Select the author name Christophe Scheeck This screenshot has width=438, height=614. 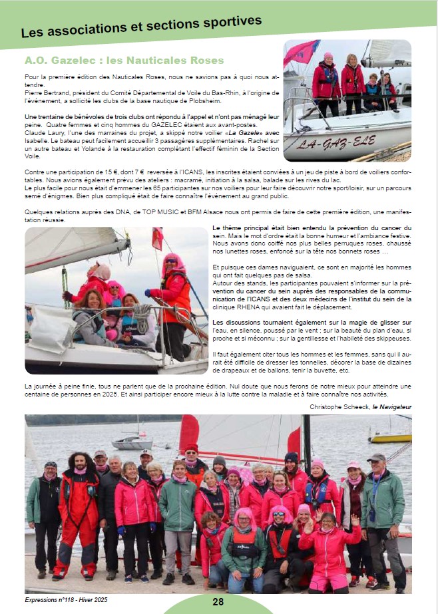click(338, 406)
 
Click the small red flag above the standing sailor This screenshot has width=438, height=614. click(157, 237)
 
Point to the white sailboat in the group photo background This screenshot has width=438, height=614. click(132, 440)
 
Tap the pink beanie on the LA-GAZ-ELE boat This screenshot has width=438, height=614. click(328, 57)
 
